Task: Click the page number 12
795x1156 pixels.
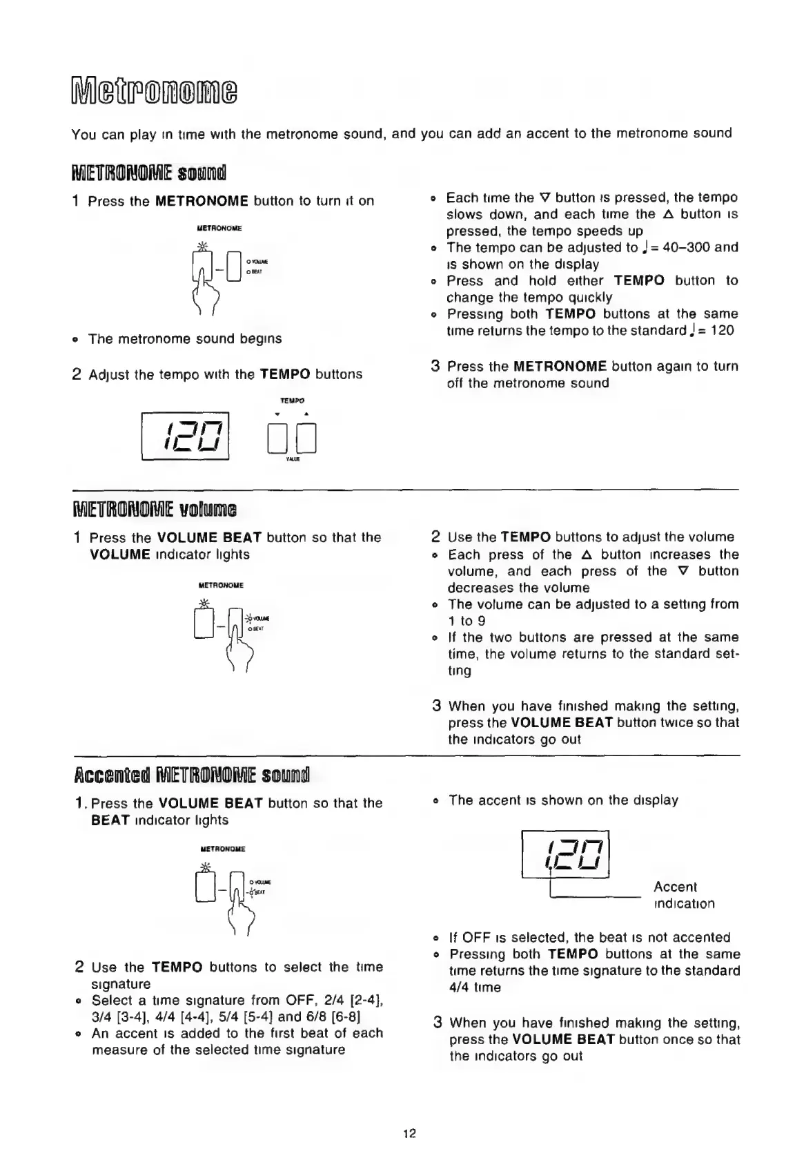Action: pyautogui.click(x=410, y=1133)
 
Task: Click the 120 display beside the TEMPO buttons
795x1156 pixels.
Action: pyautogui.click(x=186, y=436)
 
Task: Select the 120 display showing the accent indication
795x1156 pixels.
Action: pyautogui.click(x=567, y=854)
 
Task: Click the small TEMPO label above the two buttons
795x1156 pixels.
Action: pyautogui.click(x=292, y=401)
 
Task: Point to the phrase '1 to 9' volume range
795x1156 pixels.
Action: pyautogui.click(x=473, y=621)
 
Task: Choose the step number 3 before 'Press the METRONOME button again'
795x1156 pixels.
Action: pyautogui.click(x=435, y=366)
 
